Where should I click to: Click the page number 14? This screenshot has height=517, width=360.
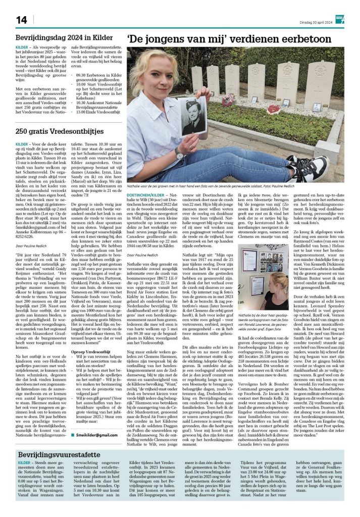coord(21,20)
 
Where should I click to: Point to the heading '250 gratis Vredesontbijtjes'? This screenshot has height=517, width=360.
coord(59,131)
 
